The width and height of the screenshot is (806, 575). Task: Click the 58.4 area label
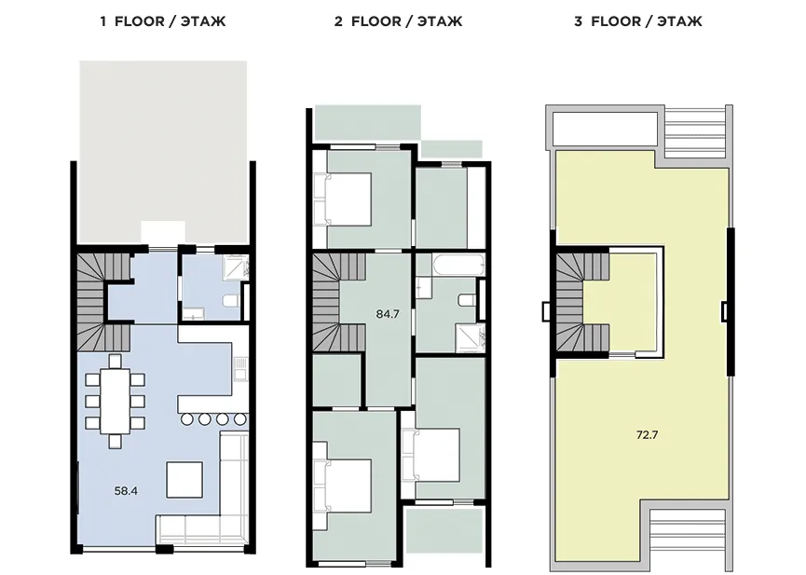126,491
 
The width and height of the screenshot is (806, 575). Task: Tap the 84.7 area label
388,314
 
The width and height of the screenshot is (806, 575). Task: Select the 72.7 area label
648,435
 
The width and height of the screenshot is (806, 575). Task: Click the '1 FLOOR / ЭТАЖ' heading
163,21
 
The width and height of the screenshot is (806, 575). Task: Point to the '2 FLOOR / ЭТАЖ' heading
399,21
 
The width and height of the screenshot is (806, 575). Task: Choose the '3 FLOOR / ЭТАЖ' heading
638,21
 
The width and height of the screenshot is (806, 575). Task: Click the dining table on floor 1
116,401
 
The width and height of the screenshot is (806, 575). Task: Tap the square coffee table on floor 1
184,480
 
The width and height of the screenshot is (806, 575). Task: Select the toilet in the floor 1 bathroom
230,301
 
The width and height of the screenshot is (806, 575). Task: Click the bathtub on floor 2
458,265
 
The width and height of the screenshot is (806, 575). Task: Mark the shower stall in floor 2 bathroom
471,338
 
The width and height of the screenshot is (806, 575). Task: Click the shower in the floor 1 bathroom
237,267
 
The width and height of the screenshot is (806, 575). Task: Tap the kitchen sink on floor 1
240,368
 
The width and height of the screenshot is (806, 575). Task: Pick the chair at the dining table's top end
116,361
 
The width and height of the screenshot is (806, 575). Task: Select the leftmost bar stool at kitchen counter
187,419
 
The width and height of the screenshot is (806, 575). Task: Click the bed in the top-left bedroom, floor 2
342,199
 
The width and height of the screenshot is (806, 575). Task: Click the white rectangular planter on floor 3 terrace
606,128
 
